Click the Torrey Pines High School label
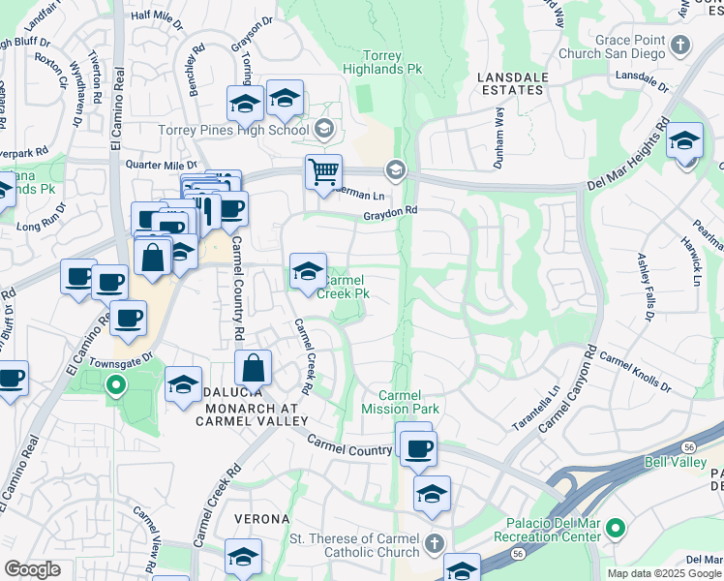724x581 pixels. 234,130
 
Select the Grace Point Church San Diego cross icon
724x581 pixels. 681,45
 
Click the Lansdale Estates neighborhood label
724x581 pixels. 512,83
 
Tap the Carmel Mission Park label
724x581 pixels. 408,402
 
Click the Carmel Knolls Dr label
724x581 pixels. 635,370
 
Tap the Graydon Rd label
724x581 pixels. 390,213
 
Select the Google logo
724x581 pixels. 33,569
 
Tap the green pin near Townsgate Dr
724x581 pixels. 115,387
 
